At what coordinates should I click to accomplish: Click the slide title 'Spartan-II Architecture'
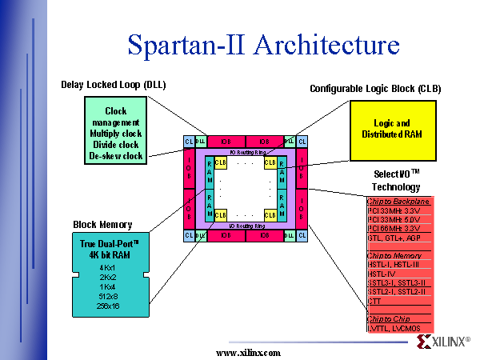[263, 45]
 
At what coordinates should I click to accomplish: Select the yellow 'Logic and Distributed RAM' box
[391, 128]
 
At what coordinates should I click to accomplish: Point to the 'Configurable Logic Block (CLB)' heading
[375, 88]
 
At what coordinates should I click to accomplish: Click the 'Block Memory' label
[102, 225]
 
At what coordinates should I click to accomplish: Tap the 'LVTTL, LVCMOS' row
[394, 328]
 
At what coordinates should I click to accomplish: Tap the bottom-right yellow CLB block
[270, 214]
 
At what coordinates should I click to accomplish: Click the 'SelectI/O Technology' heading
[397, 179]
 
